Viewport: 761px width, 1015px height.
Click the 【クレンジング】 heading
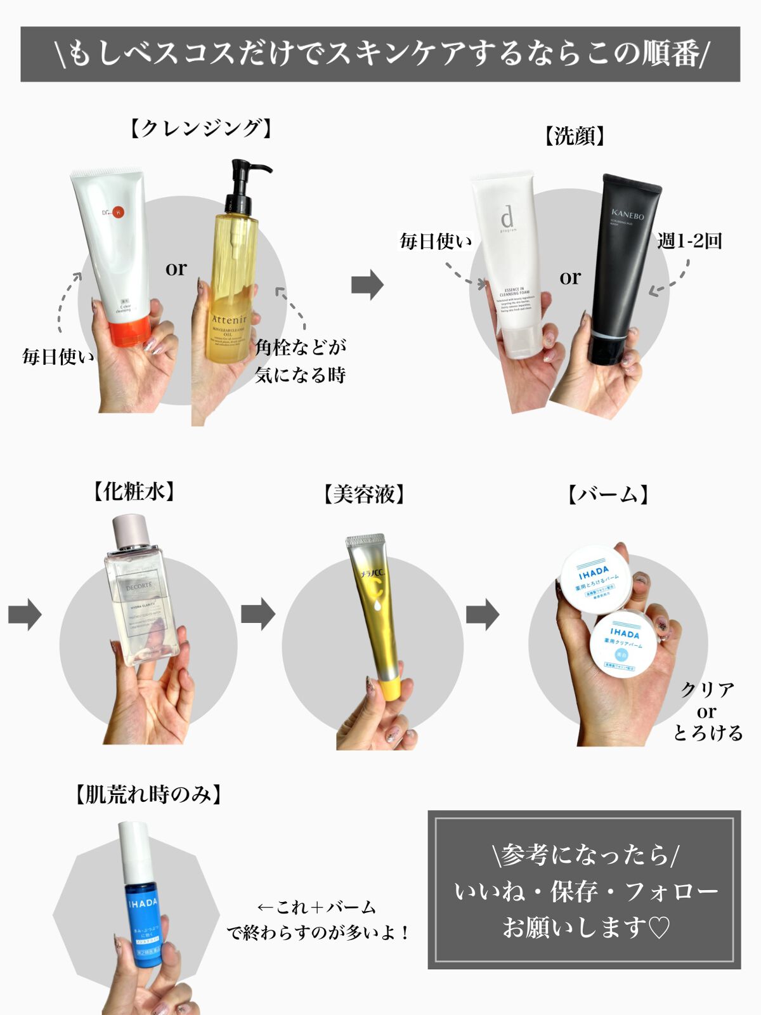[x=201, y=128]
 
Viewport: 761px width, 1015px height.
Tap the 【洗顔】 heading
[x=575, y=136]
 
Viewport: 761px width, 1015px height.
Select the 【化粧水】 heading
[x=134, y=491]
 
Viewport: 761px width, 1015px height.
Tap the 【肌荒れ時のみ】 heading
[x=148, y=794]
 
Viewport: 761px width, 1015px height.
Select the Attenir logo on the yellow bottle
[x=229, y=319]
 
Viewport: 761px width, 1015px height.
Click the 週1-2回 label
[x=690, y=241]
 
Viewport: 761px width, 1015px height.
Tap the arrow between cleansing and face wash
[x=368, y=284]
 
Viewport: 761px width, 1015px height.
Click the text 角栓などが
[x=301, y=347]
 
